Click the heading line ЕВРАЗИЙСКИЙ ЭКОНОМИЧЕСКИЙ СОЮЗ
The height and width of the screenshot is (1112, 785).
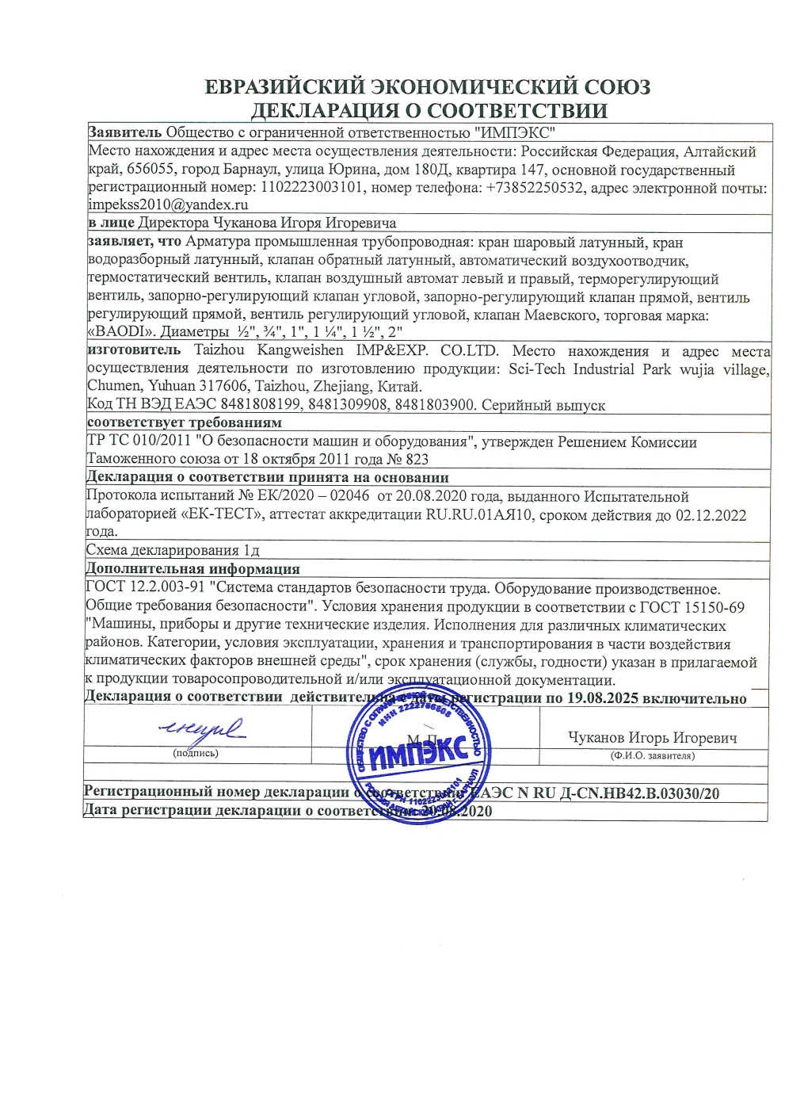tap(427, 86)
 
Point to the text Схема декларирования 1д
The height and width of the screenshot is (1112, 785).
tap(172, 550)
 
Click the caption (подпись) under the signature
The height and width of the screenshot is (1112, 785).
tap(195, 753)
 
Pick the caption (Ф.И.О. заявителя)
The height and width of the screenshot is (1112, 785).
tap(652, 756)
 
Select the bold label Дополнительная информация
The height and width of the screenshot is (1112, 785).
tap(192, 568)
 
